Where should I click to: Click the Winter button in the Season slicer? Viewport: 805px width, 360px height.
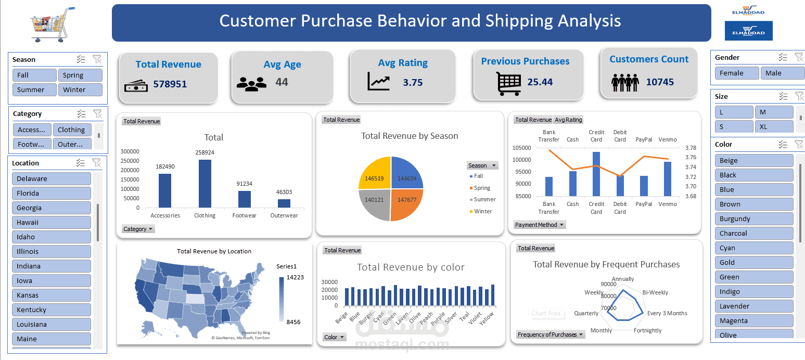(x=80, y=89)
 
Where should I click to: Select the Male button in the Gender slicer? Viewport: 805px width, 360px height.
(x=782, y=73)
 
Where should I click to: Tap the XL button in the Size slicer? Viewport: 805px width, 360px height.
(x=774, y=126)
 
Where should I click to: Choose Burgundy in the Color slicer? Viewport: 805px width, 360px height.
(x=753, y=218)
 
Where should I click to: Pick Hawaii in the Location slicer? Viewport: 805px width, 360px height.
(x=51, y=222)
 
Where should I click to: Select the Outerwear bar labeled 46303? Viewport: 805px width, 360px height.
(x=284, y=203)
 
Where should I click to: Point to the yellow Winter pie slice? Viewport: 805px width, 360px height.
(x=374, y=173)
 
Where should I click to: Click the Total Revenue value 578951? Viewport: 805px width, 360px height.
(x=170, y=84)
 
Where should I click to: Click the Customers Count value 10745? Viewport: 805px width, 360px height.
(x=659, y=82)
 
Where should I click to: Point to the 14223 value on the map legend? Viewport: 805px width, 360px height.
(x=295, y=277)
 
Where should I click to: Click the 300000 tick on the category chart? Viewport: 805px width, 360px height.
(x=130, y=151)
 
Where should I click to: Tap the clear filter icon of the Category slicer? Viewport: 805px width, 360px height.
(x=97, y=113)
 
